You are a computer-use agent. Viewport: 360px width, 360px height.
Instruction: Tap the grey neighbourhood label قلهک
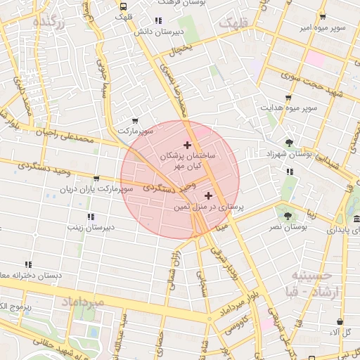pyautogui.click(x=235, y=24)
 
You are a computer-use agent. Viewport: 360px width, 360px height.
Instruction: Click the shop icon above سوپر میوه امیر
pyautogui.click(x=323, y=17)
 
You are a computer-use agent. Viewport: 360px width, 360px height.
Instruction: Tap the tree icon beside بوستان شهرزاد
pyautogui.click(x=289, y=143)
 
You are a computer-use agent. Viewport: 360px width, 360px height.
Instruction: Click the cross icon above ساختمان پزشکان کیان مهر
pyautogui.click(x=186, y=144)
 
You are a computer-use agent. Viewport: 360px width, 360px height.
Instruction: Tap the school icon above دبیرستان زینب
pyautogui.click(x=90, y=217)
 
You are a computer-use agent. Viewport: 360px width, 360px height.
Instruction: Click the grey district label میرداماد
pyautogui.click(x=83, y=302)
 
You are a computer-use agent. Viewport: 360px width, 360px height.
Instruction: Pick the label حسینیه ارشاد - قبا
pyautogui.click(x=314, y=284)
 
